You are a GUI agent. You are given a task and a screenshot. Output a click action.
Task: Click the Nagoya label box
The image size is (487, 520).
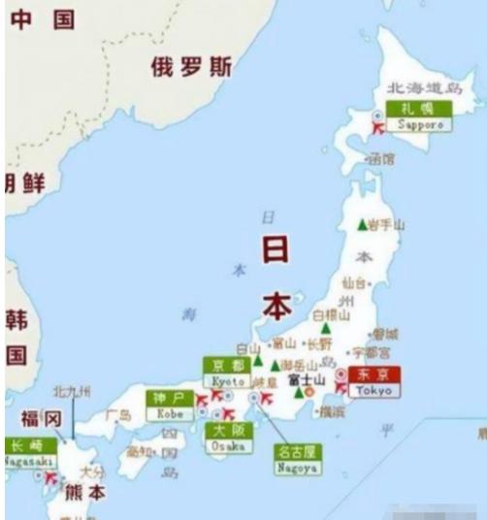point(297,458)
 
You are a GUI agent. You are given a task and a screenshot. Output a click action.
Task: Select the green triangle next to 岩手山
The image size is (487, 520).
point(362,224)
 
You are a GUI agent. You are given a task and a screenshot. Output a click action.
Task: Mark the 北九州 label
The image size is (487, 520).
point(71,392)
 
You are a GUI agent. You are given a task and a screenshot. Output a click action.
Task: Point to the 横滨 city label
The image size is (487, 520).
point(331,411)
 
